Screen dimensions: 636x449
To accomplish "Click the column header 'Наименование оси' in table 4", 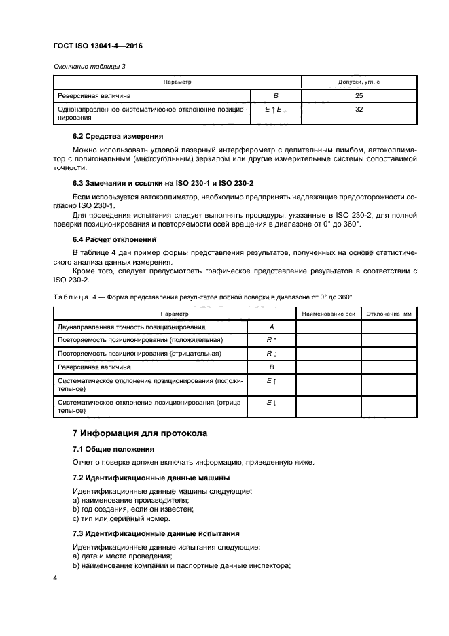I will pos(329,314).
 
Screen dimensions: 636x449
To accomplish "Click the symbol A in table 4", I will pos(272,327).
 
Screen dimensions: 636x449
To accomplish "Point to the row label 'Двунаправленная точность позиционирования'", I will pos(132,327).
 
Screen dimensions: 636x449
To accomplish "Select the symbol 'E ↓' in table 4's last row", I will pos(272,403).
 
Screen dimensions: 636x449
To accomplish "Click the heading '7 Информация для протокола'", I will pos(140,433).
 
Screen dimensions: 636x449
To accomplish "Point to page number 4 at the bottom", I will pos(55,578).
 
